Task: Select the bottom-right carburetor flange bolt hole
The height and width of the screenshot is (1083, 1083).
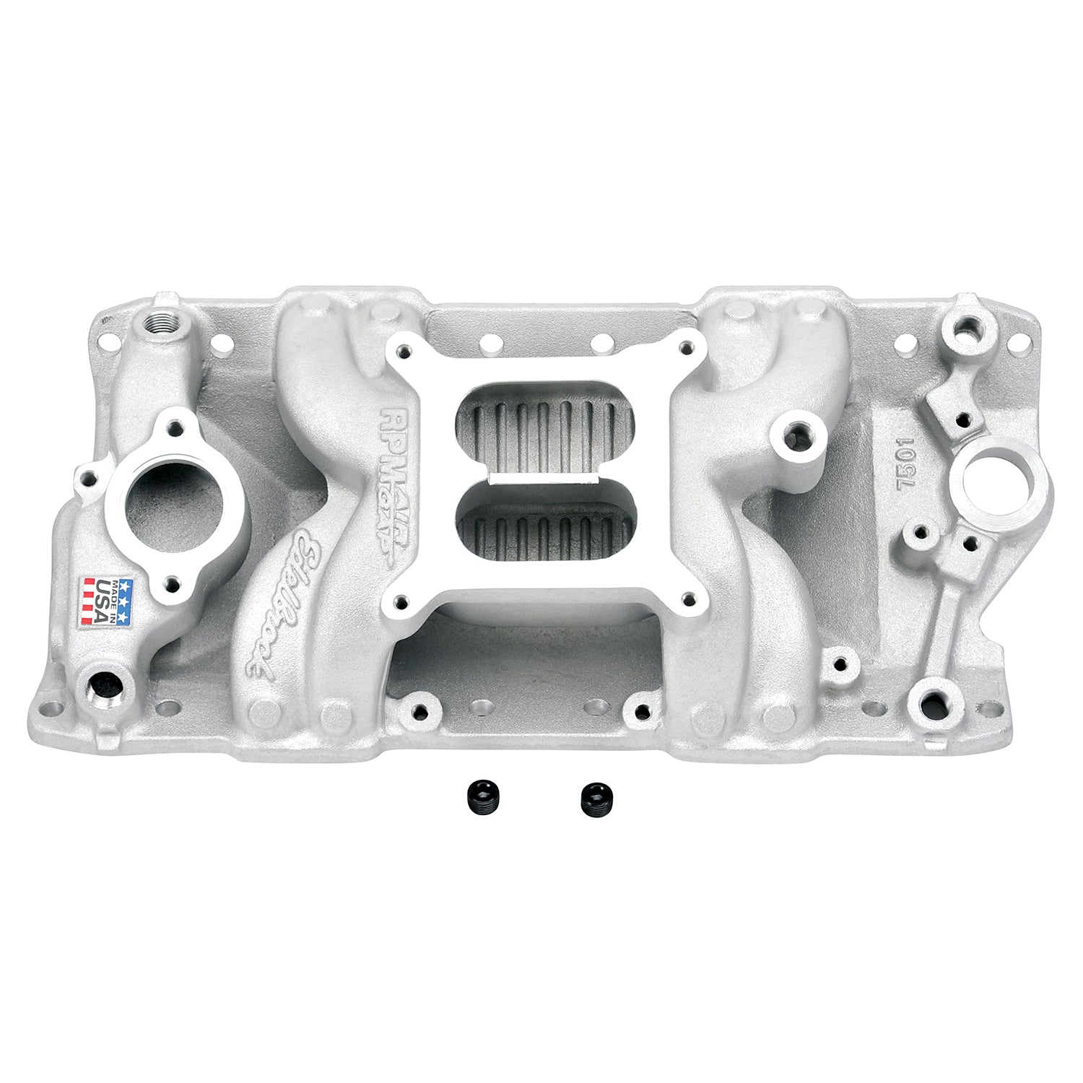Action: [687, 596]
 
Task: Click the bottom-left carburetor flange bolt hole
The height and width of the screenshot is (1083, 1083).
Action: [399, 598]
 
